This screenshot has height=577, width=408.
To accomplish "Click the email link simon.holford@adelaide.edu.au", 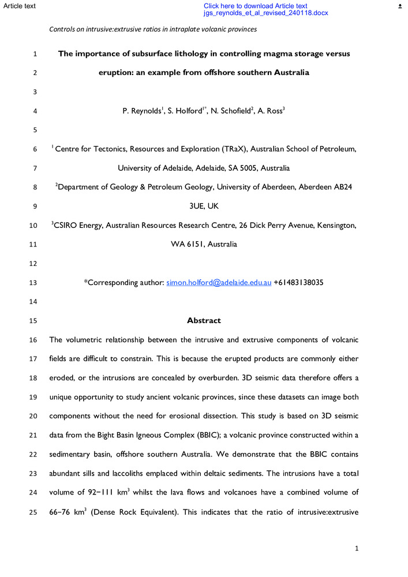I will tap(219, 283).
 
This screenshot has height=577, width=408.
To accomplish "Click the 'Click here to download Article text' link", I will tap(255, 6).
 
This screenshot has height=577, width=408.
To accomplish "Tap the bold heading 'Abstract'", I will tap(204, 320).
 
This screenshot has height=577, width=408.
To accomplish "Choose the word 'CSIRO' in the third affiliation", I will tap(66, 225).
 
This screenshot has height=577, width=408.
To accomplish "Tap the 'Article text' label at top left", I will tap(18, 6).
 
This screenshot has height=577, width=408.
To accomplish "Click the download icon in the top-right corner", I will tap(400, 6).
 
